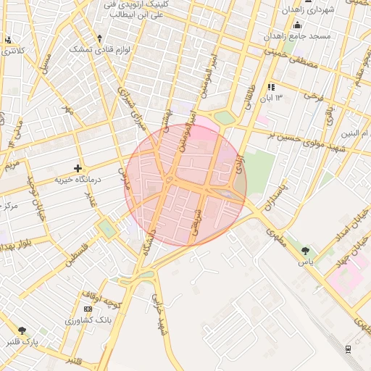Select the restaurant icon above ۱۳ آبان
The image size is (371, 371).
pos(272,87)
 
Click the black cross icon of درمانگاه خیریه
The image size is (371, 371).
pos(78,168)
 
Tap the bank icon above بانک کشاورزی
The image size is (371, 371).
pos(88,309)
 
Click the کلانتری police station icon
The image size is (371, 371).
pos(8,40)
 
